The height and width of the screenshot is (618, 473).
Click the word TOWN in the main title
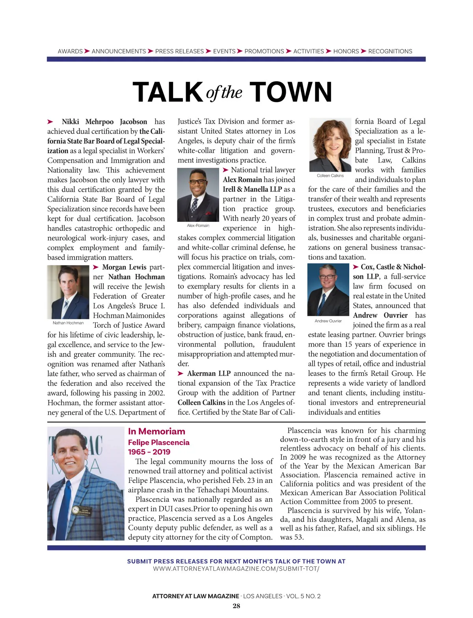(291, 93)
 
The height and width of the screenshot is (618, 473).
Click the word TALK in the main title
(168, 93)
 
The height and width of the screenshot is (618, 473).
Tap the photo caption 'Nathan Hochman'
(68, 323)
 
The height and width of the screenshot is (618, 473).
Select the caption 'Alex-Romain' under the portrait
(198, 226)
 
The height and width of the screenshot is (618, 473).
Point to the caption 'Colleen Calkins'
(330, 176)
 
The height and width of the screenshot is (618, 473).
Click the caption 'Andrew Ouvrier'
(328, 321)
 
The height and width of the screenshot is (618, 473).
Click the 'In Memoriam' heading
(156, 431)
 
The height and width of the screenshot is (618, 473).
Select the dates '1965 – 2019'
(149, 452)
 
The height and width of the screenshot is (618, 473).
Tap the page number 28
(236, 606)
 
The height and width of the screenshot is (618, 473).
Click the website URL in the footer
(236, 569)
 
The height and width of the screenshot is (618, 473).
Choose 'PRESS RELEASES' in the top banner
(179, 51)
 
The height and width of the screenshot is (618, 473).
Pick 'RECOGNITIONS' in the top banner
(390, 51)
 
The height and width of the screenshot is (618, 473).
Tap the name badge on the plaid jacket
(82, 511)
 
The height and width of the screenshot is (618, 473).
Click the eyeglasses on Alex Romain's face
(197, 182)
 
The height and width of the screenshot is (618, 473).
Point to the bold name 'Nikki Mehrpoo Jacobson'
(104, 122)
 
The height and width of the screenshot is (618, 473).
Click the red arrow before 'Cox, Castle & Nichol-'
(356, 267)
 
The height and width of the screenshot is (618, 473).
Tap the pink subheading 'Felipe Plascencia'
(158, 442)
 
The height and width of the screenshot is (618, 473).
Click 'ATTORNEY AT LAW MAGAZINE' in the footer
(196, 596)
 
